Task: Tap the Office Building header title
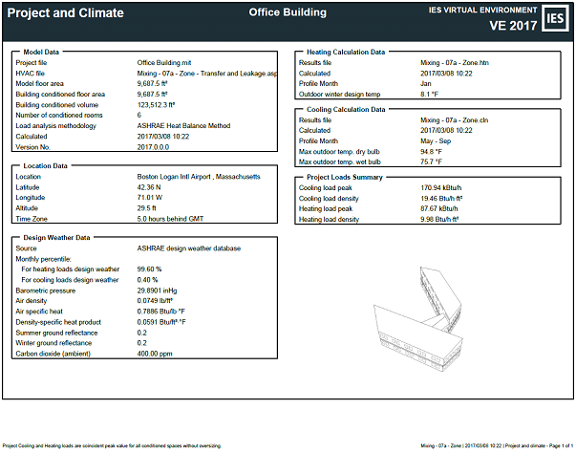click(288, 12)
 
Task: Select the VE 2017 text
click(514, 25)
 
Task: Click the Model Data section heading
click(44, 52)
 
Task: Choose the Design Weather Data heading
click(56, 237)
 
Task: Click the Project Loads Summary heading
click(344, 178)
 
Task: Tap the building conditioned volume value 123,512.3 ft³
click(163, 104)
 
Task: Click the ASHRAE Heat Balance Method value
click(184, 125)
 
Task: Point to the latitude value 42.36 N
click(153, 186)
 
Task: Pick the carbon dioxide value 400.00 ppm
click(156, 353)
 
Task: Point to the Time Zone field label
click(33, 218)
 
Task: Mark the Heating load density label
click(333, 219)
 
